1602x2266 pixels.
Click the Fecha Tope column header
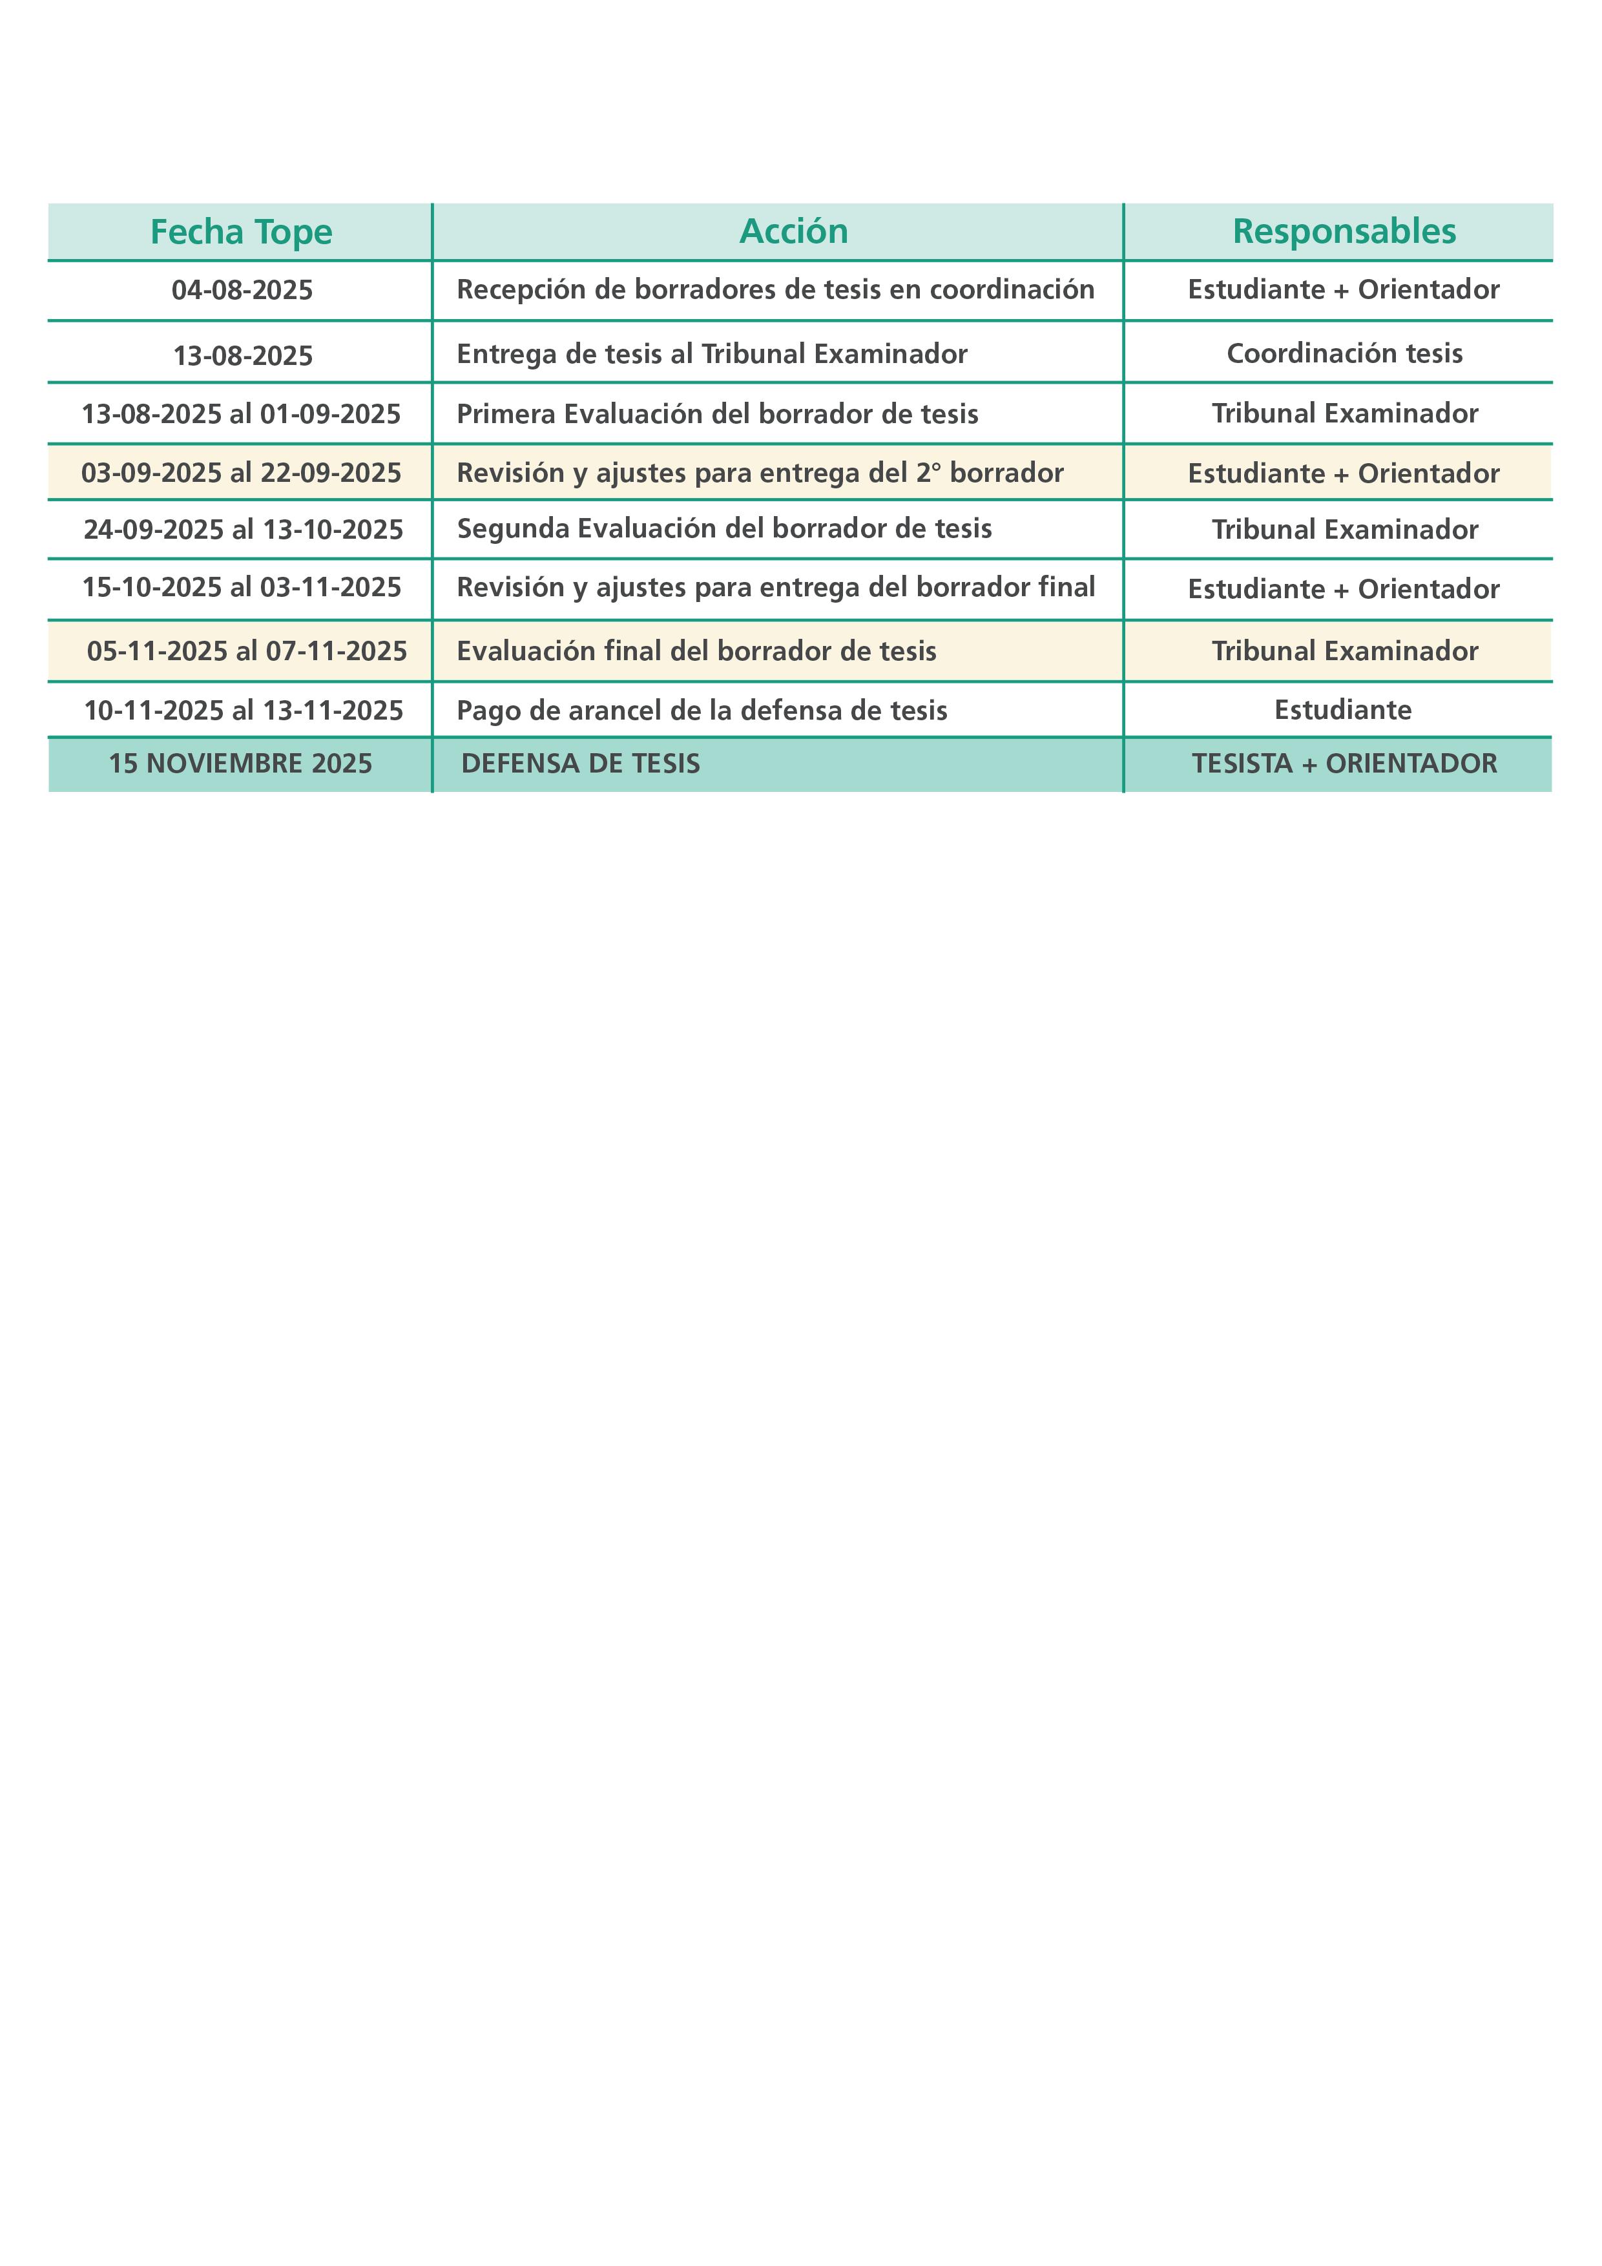[241, 232]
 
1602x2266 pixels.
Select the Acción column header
[794, 231]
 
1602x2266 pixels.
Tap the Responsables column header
[1344, 231]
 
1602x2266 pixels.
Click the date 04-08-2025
[242, 290]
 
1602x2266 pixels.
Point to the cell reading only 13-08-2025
[243, 355]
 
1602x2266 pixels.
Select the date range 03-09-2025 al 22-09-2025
[241, 473]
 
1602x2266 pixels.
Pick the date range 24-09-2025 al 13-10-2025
[243, 530]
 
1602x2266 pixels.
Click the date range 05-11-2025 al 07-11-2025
[247, 651]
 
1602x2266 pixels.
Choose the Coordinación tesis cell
[1344, 353]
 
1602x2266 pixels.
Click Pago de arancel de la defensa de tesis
[702, 711]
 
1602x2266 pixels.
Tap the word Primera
[505, 413]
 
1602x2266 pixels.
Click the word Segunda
[512, 529]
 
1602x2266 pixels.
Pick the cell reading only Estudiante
[1342, 710]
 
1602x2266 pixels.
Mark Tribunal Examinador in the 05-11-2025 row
[1344, 651]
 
